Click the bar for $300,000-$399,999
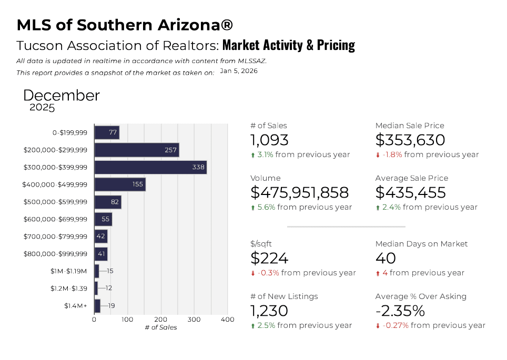150,168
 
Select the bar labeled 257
137,150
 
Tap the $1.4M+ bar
97,306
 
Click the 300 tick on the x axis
194,320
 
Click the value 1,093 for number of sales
269,140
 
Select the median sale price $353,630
410,140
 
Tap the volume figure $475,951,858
299,192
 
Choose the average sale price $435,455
410,192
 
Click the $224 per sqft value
270,258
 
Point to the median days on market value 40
386,258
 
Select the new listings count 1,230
269,311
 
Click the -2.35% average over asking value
400,311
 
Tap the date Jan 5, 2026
238,71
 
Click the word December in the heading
62,96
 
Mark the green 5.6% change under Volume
266,207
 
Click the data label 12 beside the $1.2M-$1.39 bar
109,288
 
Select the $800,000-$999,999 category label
55,254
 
